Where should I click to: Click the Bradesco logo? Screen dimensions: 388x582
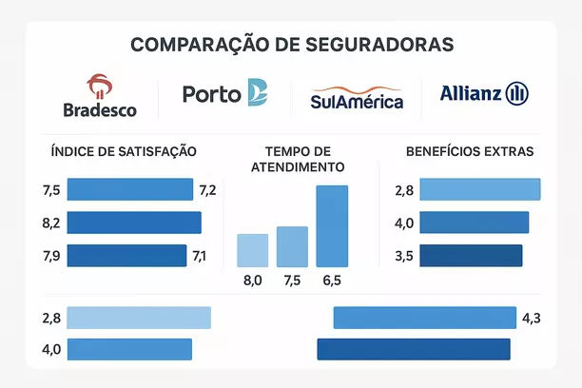(99, 96)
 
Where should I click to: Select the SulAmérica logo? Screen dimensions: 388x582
(357, 98)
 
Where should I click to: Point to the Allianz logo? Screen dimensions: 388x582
(484, 93)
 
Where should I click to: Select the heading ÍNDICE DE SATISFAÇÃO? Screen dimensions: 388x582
(124, 151)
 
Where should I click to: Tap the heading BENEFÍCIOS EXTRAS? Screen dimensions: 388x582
(470, 151)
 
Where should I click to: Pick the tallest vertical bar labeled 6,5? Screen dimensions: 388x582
(332, 225)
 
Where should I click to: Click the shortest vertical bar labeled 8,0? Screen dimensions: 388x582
(253, 249)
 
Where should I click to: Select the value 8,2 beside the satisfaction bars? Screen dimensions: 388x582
(51, 223)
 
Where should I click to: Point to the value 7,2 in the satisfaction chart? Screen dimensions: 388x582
(207, 190)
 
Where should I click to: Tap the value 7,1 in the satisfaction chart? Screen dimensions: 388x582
(199, 255)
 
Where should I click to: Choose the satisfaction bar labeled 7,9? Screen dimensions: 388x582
(126, 255)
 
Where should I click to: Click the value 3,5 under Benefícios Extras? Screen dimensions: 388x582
(404, 256)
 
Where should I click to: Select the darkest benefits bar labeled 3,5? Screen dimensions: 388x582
(471, 256)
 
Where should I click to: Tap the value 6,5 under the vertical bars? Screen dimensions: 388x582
(331, 281)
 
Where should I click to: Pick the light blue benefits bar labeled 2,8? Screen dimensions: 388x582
(479, 189)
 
